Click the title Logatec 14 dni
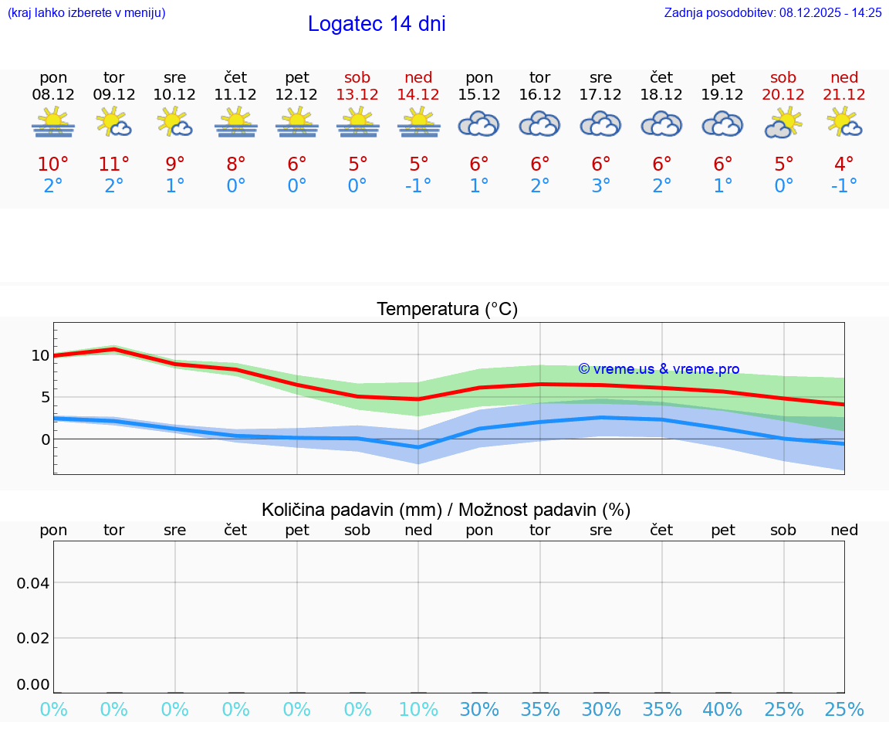point(377,24)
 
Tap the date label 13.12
point(357,94)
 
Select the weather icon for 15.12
point(479,124)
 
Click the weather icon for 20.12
point(783,124)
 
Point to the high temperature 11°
point(114,165)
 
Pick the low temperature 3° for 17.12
point(601,186)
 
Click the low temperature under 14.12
point(418,186)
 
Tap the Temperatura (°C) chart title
point(447,310)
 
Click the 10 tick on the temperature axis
point(40,356)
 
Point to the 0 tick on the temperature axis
point(45,439)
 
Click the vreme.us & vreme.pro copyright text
point(658,369)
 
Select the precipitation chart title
point(446,510)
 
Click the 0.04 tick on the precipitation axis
point(33,583)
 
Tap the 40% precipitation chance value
point(722,710)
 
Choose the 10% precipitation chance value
point(418,710)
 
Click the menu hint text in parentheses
point(86,13)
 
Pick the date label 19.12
point(722,94)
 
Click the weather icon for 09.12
point(114,124)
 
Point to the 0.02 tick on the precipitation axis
point(33,638)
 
